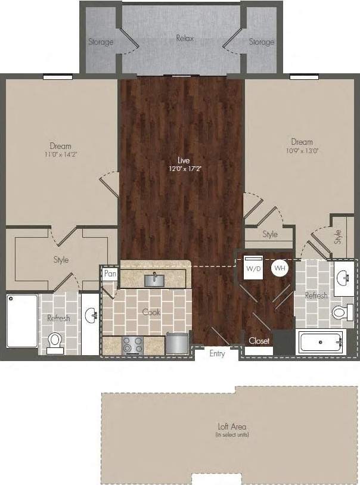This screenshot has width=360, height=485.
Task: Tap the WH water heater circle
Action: click(280, 268)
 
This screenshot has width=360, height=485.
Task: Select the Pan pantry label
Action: click(110, 273)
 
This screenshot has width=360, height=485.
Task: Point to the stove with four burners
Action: click(132, 344)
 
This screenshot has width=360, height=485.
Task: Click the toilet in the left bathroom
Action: click(55, 341)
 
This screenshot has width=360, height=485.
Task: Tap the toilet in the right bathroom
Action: click(339, 312)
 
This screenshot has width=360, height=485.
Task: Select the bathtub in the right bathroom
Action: click(321, 342)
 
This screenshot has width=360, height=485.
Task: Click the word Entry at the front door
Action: click(218, 354)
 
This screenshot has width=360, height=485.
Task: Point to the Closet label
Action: click(259, 341)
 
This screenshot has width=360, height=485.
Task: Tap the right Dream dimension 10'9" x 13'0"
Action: click(302, 151)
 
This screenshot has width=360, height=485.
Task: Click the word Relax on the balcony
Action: click(185, 38)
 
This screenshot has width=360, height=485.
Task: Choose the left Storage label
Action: click(101, 42)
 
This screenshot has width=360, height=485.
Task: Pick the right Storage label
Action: click(262, 42)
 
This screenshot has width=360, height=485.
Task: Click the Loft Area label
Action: click(232, 427)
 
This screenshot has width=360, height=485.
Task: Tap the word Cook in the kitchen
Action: click(151, 312)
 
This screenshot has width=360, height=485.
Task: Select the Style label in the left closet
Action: click(61, 260)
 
